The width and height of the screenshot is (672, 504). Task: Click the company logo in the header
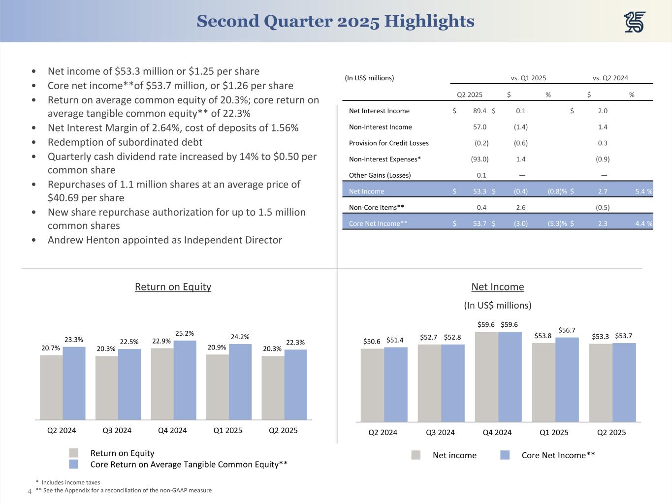(635, 22)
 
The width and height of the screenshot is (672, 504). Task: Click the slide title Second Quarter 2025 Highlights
(335, 21)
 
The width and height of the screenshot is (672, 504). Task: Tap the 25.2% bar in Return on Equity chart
(185, 379)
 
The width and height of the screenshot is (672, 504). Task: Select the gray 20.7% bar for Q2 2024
(51, 387)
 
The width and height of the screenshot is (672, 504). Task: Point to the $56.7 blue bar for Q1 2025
(567, 379)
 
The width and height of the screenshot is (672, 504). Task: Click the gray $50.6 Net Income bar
(372, 385)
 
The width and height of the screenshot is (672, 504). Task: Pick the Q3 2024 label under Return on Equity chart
(117, 430)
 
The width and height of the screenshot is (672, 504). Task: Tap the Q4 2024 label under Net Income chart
(497, 432)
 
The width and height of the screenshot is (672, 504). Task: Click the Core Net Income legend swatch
(505, 455)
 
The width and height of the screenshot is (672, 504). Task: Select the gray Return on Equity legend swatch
(73, 453)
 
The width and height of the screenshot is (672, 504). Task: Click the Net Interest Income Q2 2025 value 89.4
(479, 111)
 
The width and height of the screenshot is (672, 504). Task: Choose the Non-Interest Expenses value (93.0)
(479, 159)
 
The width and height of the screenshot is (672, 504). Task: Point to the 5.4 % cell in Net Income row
(643, 191)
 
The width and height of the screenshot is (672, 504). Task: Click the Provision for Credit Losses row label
(388, 143)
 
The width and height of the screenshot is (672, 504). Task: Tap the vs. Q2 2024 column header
(610, 78)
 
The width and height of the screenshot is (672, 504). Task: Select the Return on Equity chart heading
(173, 286)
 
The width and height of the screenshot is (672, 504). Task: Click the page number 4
(29, 491)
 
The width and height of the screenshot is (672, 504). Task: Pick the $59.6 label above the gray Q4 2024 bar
(486, 324)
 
